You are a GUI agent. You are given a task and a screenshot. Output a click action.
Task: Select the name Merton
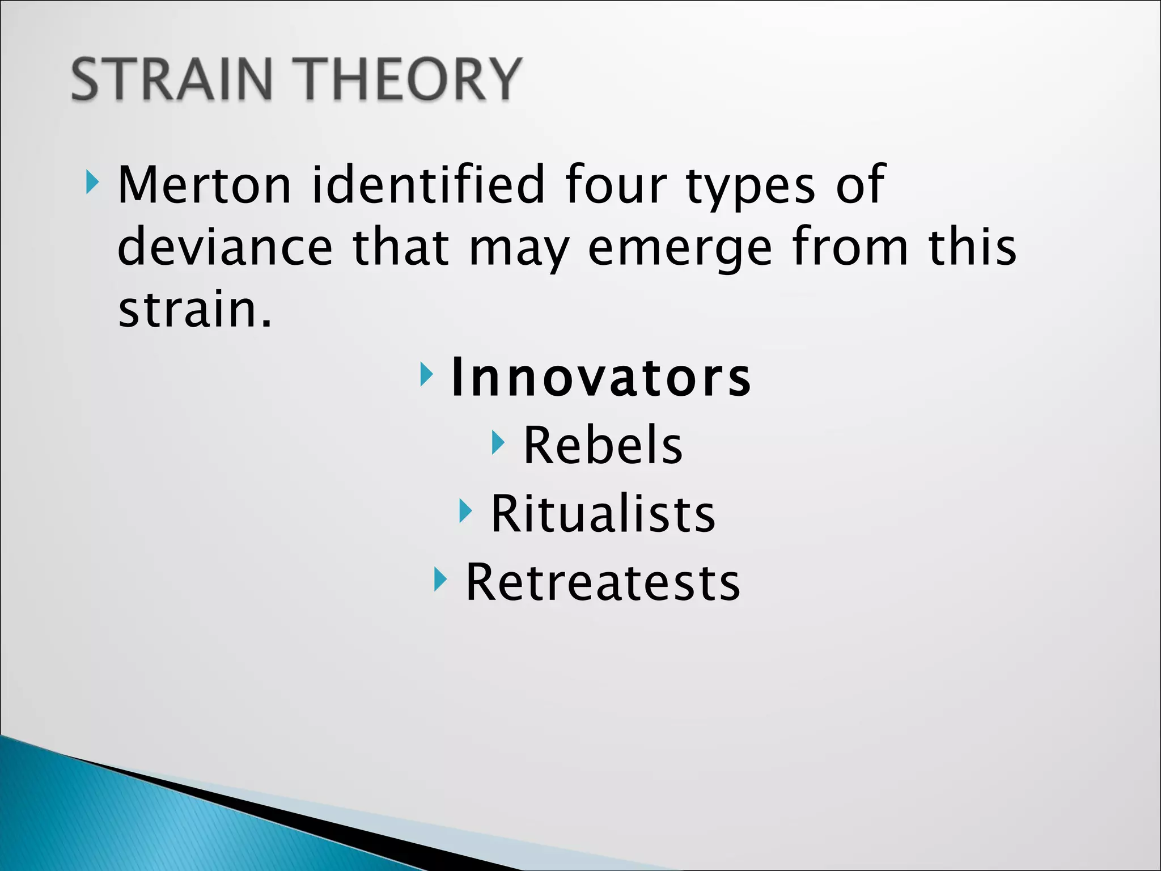pyautogui.click(x=204, y=184)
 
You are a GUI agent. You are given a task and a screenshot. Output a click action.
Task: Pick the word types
pyautogui.click(x=751, y=187)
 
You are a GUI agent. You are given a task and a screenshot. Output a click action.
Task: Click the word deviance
pyautogui.click(x=224, y=247)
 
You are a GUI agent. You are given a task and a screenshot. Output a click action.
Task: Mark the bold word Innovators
pyautogui.click(x=601, y=378)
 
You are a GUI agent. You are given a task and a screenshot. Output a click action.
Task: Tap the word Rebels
pyautogui.click(x=603, y=446)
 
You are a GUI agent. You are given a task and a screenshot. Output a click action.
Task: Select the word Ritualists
pyautogui.click(x=603, y=514)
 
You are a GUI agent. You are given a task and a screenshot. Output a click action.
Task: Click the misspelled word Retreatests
pyautogui.click(x=603, y=582)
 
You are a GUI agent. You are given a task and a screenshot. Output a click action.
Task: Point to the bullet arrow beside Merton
pyautogui.click(x=92, y=183)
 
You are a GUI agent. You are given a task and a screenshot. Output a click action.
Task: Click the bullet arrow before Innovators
pyautogui.click(x=426, y=375)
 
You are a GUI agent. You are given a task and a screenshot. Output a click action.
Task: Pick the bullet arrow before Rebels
pyautogui.click(x=498, y=442)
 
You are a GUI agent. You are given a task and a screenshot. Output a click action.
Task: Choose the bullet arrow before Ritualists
pyautogui.click(x=465, y=511)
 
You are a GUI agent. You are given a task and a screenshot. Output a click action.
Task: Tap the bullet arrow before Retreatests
pyautogui.click(x=440, y=579)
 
